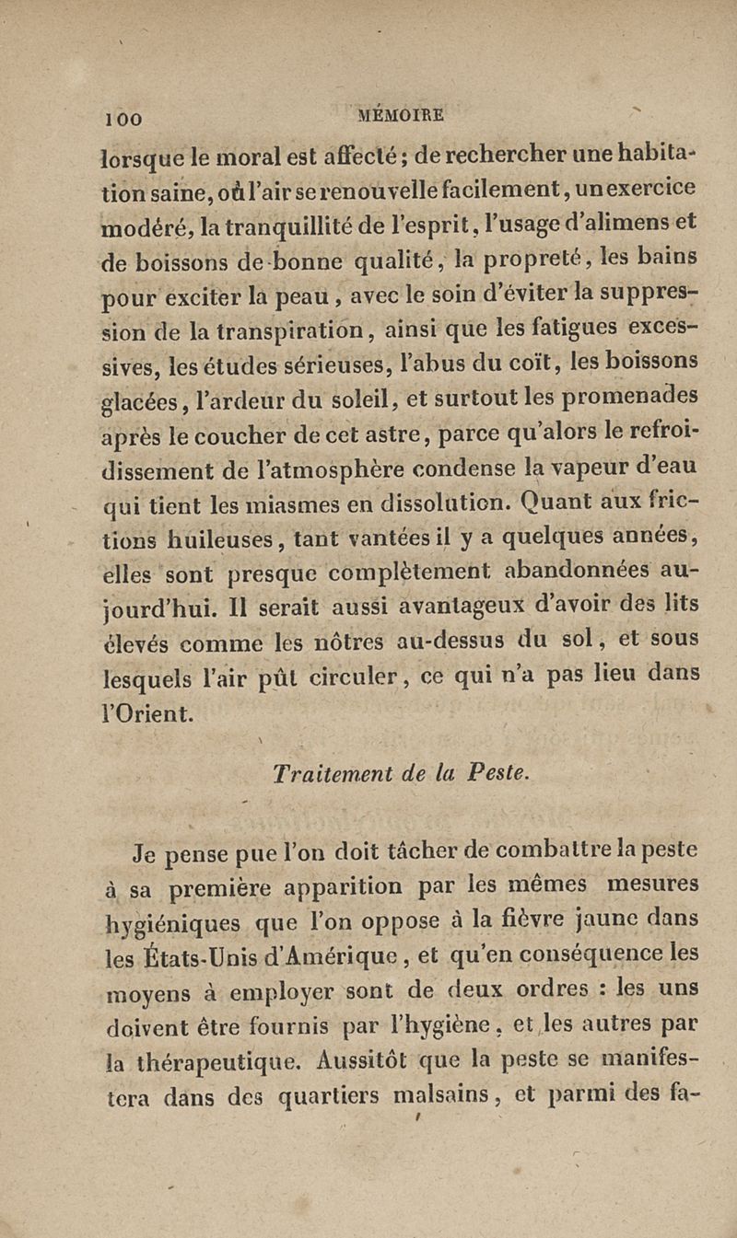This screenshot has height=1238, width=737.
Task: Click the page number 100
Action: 122,118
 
